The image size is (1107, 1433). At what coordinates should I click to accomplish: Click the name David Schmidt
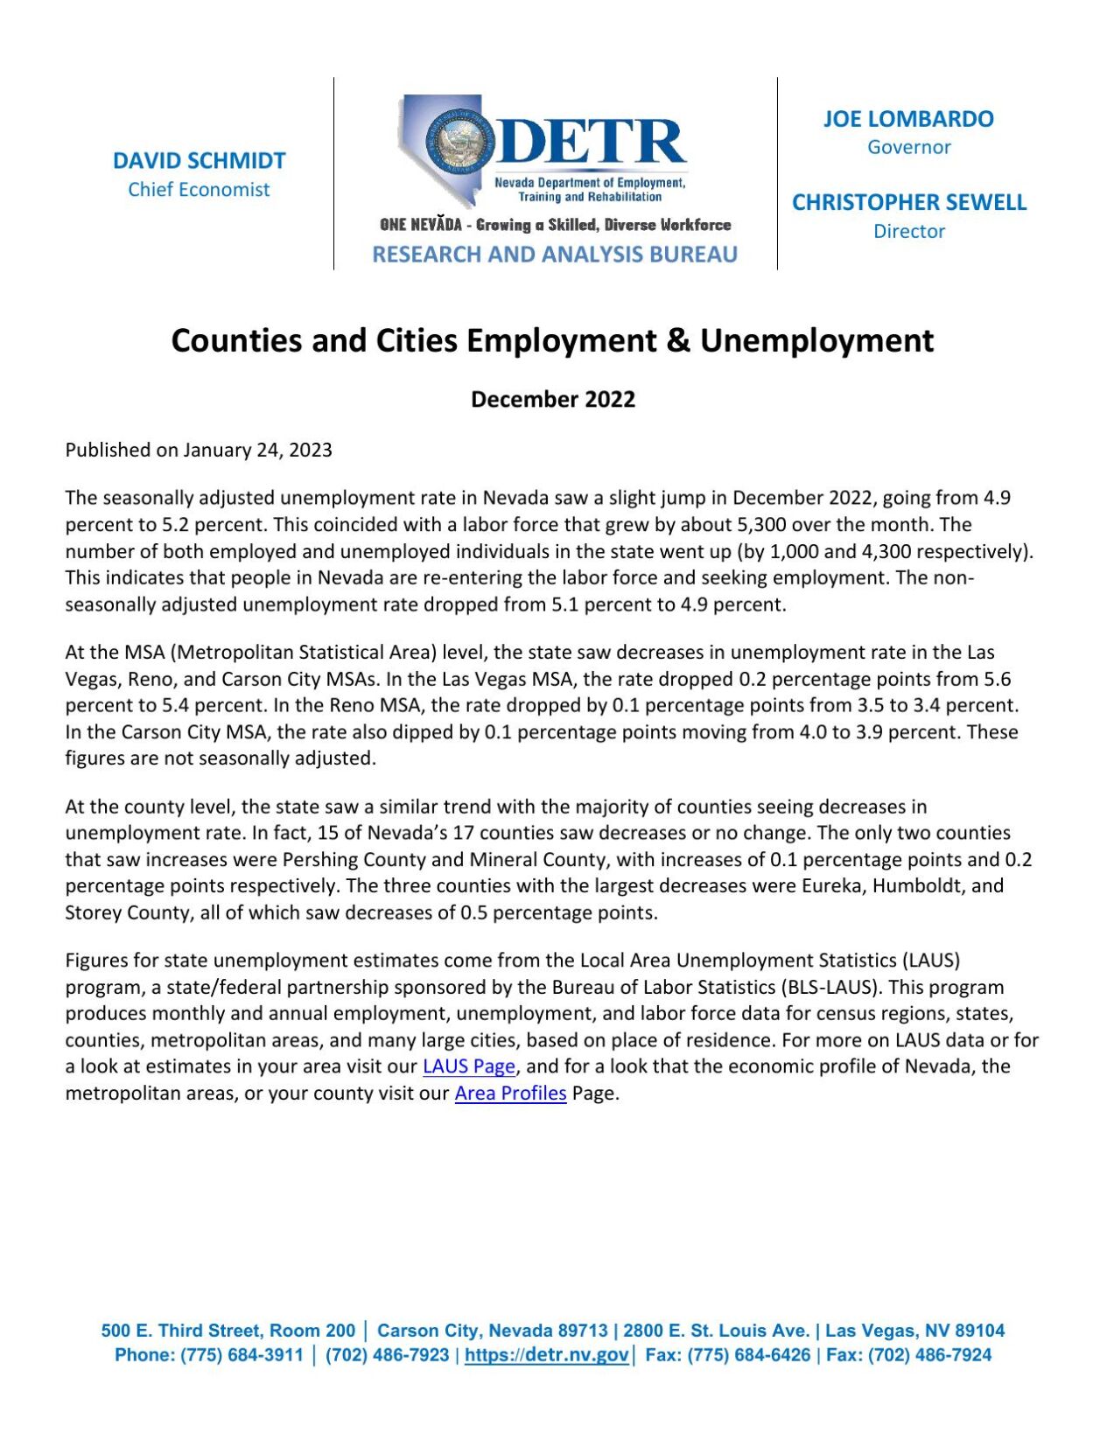click(x=199, y=161)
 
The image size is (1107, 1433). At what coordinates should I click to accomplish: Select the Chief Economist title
click(x=199, y=190)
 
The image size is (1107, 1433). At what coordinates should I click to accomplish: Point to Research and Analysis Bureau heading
click(x=554, y=255)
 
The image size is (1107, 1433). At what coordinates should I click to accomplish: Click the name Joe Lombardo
click(x=908, y=119)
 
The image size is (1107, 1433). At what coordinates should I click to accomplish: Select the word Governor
click(x=908, y=147)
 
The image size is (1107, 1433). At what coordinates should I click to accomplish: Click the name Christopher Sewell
click(x=908, y=203)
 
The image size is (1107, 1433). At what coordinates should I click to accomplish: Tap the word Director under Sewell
click(x=908, y=232)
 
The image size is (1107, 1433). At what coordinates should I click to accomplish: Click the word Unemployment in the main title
click(x=816, y=340)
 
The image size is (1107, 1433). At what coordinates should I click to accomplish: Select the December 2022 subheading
click(x=552, y=400)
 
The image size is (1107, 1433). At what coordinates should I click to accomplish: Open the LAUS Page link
click(x=468, y=1066)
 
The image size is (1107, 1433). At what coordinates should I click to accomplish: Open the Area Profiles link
click(x=510, y=1094)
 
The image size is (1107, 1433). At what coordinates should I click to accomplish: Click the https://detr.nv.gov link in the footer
click(x=546, y=1355)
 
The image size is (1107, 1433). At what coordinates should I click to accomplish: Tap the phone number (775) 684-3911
click(x=242, y=1355)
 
